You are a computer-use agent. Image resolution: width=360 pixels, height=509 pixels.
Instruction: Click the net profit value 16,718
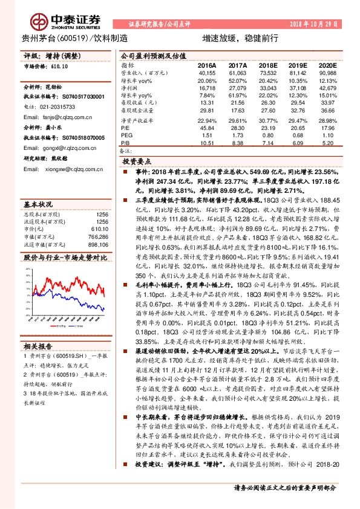[207, 88]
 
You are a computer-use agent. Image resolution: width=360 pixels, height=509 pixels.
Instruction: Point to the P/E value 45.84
[207, 128]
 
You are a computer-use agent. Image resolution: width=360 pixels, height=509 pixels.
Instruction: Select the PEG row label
[126, 136]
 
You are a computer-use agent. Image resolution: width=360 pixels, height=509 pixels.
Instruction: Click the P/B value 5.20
[327, 143]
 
